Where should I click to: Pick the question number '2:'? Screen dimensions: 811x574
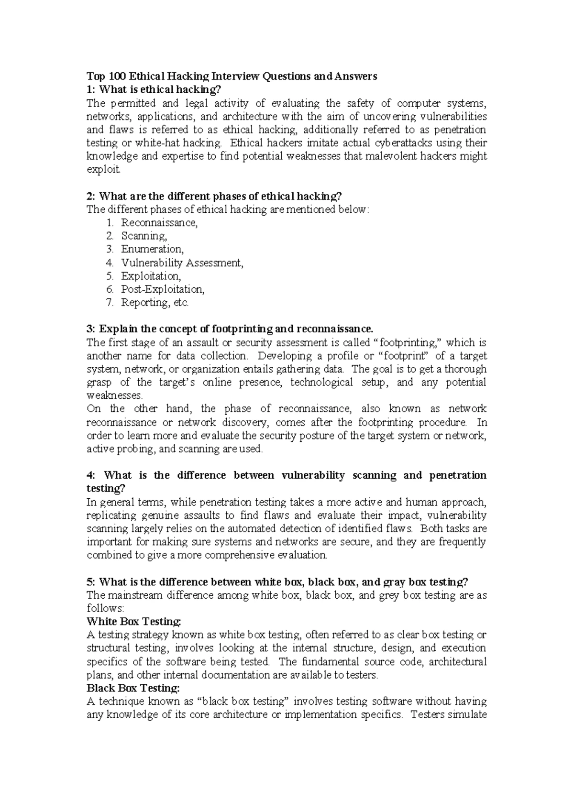tap(91, 196)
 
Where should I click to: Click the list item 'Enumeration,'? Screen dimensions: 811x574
tap(152, 249)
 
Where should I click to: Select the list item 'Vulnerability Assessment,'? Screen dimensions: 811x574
tap(182, 263)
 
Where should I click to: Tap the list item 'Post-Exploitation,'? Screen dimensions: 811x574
tap(163, 289)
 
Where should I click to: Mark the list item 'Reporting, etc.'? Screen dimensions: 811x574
tap(155, 302)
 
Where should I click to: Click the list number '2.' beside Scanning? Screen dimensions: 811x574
tap(110, 236)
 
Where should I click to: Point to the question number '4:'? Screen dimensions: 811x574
tap(91, 475)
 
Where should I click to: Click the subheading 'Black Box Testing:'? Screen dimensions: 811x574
tap(133, 688)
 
